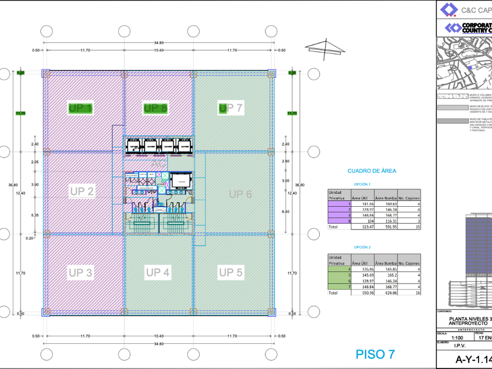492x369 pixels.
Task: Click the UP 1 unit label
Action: pos(80,108)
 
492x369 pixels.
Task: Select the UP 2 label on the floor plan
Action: pos(82,191)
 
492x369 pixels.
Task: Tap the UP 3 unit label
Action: pos(81,272)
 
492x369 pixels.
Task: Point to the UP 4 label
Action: pos(158,272)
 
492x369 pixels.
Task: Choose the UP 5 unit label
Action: pos(231,272)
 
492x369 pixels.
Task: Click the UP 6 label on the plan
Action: pos(240,194)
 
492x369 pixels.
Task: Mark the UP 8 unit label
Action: pos(156,108)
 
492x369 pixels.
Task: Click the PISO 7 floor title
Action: pos(375,354)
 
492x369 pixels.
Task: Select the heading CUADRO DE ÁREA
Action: pos(372,171)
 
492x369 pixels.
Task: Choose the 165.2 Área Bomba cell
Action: pos(385,275)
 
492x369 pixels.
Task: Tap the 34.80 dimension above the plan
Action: pos(159,43)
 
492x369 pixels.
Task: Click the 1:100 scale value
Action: pos(452,338)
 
